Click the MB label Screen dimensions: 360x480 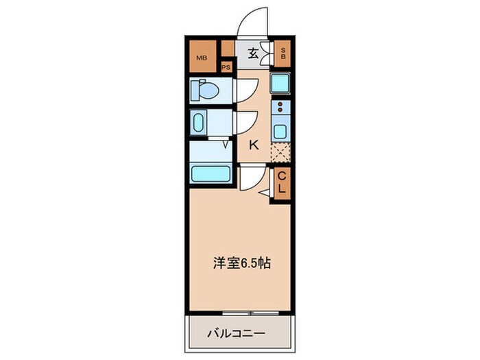click(x=202, y=58)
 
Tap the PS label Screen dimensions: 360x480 click(x=226, y=67)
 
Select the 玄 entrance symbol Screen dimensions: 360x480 click(x=252, y=53)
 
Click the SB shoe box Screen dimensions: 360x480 click(x=283, y=53)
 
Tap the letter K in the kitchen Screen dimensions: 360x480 click(x=253, y=145)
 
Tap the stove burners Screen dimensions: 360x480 click(x=280, y=107)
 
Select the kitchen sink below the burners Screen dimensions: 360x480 click(x=280, y=130)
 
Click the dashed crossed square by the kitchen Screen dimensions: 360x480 click(x=280, y=152)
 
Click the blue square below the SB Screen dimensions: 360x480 click(x=280, y=84)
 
